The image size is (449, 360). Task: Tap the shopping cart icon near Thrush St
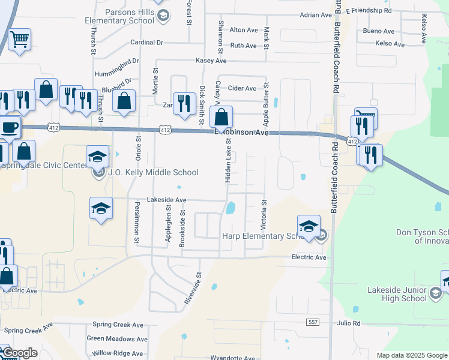tap(20, 40)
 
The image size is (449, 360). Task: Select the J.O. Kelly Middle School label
tap(153, 173)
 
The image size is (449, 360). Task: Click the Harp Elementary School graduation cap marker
tap(309, 226)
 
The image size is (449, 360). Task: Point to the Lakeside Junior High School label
tap(397, 294)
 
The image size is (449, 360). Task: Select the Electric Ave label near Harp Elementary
tap(308, 257)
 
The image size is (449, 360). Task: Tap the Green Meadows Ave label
tap(117, 339)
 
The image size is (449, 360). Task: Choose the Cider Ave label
tap(242, 88)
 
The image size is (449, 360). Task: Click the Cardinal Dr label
tap(146, 43)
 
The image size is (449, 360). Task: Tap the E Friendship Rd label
tap(368, 11)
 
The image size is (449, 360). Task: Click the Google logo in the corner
tap(20, 353)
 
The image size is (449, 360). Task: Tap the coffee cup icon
tap(9, 127)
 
